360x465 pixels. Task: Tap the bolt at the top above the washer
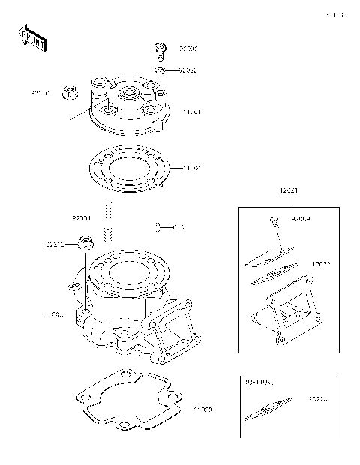160,50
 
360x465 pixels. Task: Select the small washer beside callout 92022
160,70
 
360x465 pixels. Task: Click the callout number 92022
187,71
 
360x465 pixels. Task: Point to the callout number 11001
193,112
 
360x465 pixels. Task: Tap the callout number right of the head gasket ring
192,168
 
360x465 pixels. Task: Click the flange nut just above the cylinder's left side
86,243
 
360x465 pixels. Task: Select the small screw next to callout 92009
274,220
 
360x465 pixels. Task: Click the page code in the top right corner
334,14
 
